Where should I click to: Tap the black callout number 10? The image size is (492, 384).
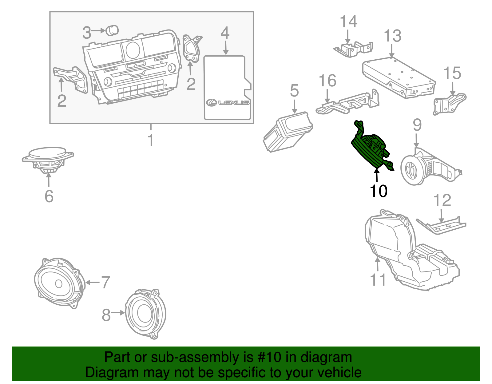[379, 191]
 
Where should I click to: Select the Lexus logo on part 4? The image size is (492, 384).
[228, 102]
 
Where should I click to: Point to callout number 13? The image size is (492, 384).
[392, 36]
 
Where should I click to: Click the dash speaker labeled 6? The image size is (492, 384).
[48, 158]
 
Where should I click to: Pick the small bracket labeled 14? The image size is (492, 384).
[354, 49]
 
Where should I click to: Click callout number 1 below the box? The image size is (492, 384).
[151, 140]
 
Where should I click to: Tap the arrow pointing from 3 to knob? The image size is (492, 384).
[98, 30]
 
